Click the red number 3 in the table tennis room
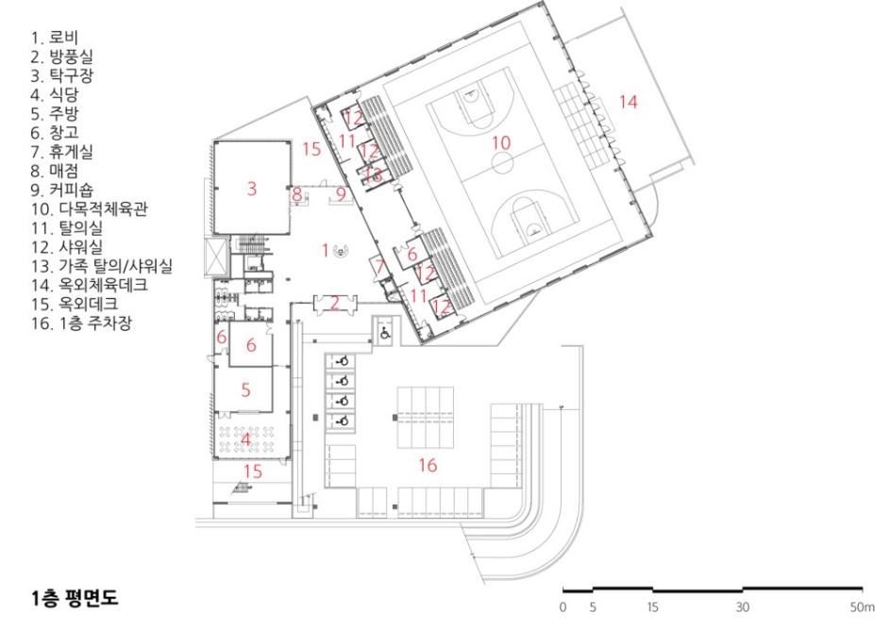tap(252, 189)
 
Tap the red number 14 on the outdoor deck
tap(629, 102)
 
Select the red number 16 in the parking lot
tap(428, 466)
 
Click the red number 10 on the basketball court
tap(501, 142)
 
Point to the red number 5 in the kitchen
tap(245, 389)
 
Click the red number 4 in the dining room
tap(245, 439)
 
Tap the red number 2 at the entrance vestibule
tap(335, 303)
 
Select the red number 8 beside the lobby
tap(297, 194)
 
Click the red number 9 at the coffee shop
tap(341, 194)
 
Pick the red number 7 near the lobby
tap(378, 265)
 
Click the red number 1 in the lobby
tap(326, 250)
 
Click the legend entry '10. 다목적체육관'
tap(90, 208)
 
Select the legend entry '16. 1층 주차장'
tap(82, 323)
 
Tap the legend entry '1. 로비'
tap(55, 38)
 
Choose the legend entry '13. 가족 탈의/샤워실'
tap(102, 266)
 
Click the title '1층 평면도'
tap(76, 599)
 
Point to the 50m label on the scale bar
tap(863, 607)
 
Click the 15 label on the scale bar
tap(653, 607)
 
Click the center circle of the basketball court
tap(502, 163)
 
